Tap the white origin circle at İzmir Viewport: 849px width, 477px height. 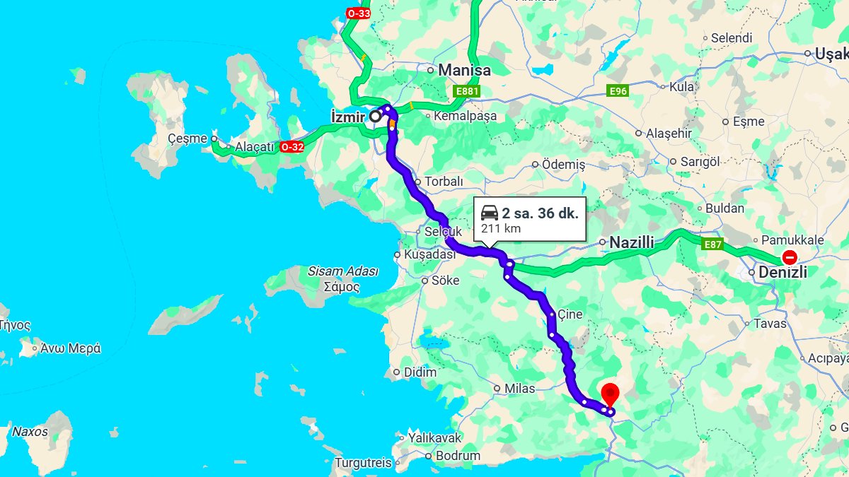click(375, 117)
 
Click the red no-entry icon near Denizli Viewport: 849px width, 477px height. click(789, 259)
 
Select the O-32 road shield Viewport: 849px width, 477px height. click(292, 147)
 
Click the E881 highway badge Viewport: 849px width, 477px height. click(468, 91)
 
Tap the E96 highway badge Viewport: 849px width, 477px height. click(618, 91)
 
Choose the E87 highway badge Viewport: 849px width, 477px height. click(712, 245)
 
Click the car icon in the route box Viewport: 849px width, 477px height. click(490, 213)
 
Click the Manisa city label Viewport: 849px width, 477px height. click(464, 71)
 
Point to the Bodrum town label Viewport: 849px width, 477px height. click(458, 456)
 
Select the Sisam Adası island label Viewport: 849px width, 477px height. click(343, 271)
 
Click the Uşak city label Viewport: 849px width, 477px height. click(831, 54)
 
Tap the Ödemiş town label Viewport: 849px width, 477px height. click(563, 165)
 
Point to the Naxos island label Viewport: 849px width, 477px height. click(30, 431)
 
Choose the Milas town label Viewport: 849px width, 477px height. click(520, 389)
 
